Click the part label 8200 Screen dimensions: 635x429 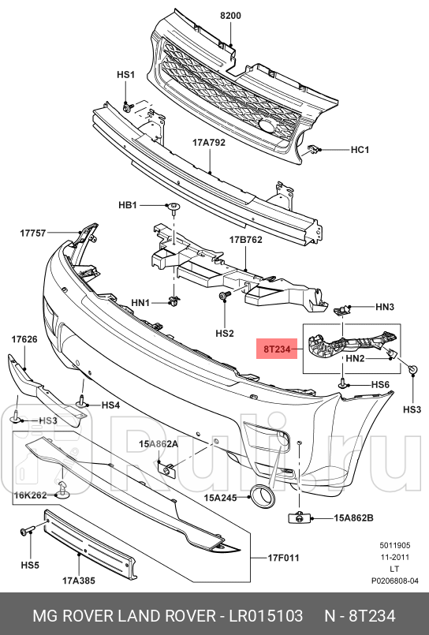[x=231, y=16]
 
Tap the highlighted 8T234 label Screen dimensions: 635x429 [x=277, y=346]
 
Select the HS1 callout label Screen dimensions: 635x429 [x=126, y=75]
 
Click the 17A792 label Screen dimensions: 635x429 [x=209, y=144]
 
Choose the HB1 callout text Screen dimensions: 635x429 [x=128, y=205]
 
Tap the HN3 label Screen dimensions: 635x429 [x=385, y=306]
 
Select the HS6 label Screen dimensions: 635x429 [x=381, y=384]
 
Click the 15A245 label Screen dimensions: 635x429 [x=221, y=498]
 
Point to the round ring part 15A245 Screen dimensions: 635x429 [x=259, y=496]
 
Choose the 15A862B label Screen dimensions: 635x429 [x=353, y=517]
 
